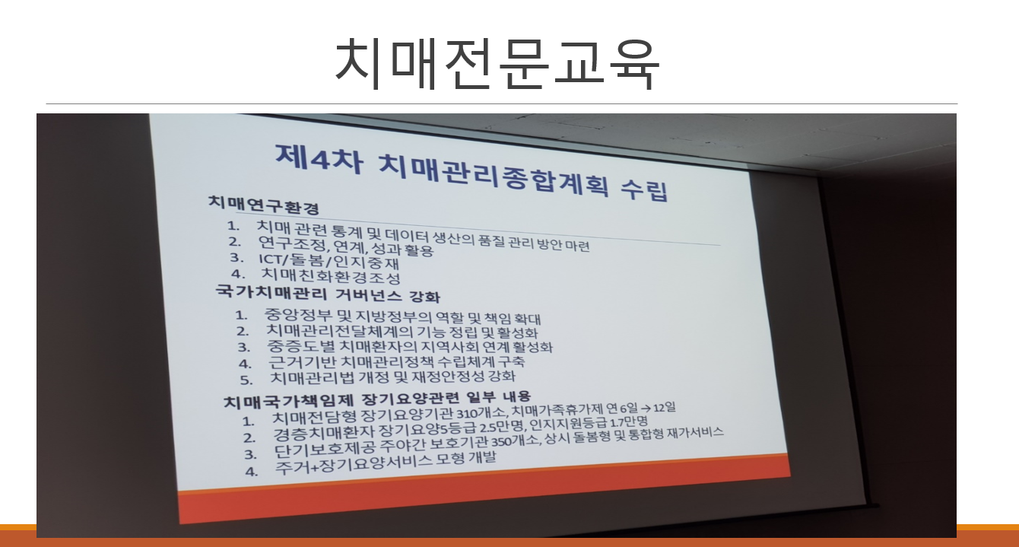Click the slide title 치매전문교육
[x=497, y=63]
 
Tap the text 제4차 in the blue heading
[x=319, y=159]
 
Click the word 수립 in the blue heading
[x=645, y=189]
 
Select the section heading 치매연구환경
[x=264, y=205]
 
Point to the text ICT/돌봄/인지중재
[x=329, y=260]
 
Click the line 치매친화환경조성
[x=331, y=275]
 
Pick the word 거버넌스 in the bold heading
[x=369, y=294]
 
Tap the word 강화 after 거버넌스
[x=425, y=297]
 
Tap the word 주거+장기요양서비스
[x=354, y=465]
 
